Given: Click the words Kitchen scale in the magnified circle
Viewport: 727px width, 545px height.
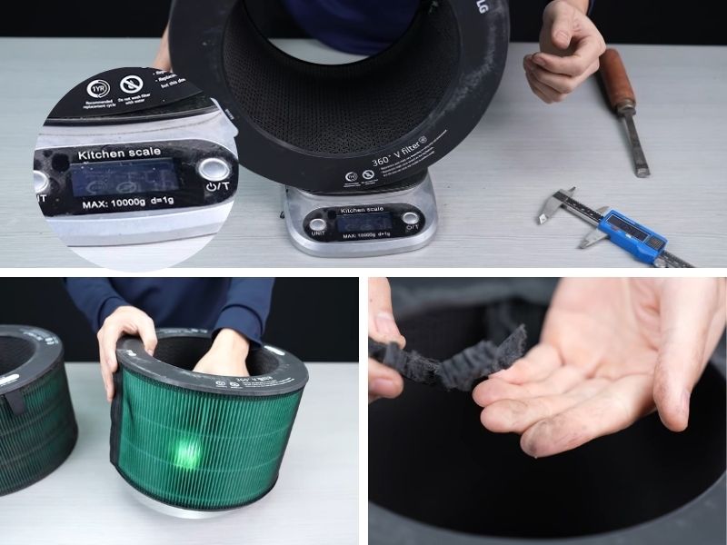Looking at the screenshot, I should pos(119,154).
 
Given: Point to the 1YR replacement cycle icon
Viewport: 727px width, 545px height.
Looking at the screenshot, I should pos(97,89).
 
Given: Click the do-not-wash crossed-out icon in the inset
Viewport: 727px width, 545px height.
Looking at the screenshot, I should pos(132,84).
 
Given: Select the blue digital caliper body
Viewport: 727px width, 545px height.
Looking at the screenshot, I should pos(632,233).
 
